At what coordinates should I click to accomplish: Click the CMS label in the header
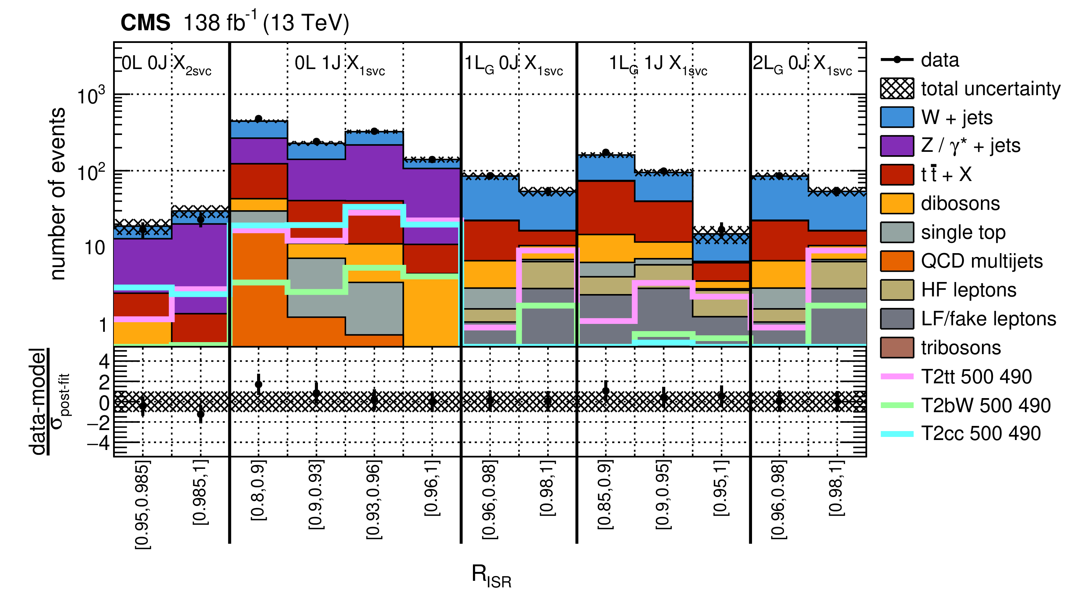pyautogui.click(x=145, y=23)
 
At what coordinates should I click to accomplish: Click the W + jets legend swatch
pyautogui.click(x=897, y=117)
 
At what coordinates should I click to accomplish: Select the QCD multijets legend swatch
pyautogui.click(x=897, y=261)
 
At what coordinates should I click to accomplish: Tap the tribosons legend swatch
pyautogui.click(x=897, y=348)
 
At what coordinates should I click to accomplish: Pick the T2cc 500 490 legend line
pyautogui.click(x=897, y=434)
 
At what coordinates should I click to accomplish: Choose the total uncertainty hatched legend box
pyautogui.click(x=897, y=89)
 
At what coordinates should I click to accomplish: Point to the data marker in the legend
pyautogui.click(x=897, y=60)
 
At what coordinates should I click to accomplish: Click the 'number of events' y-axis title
pyautogui.click(x=58, y=193)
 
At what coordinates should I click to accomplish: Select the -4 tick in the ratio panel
pyautogui.click(x=98, y=442)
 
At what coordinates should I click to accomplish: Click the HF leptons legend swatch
pyautogui.click(x=897, y=290)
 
